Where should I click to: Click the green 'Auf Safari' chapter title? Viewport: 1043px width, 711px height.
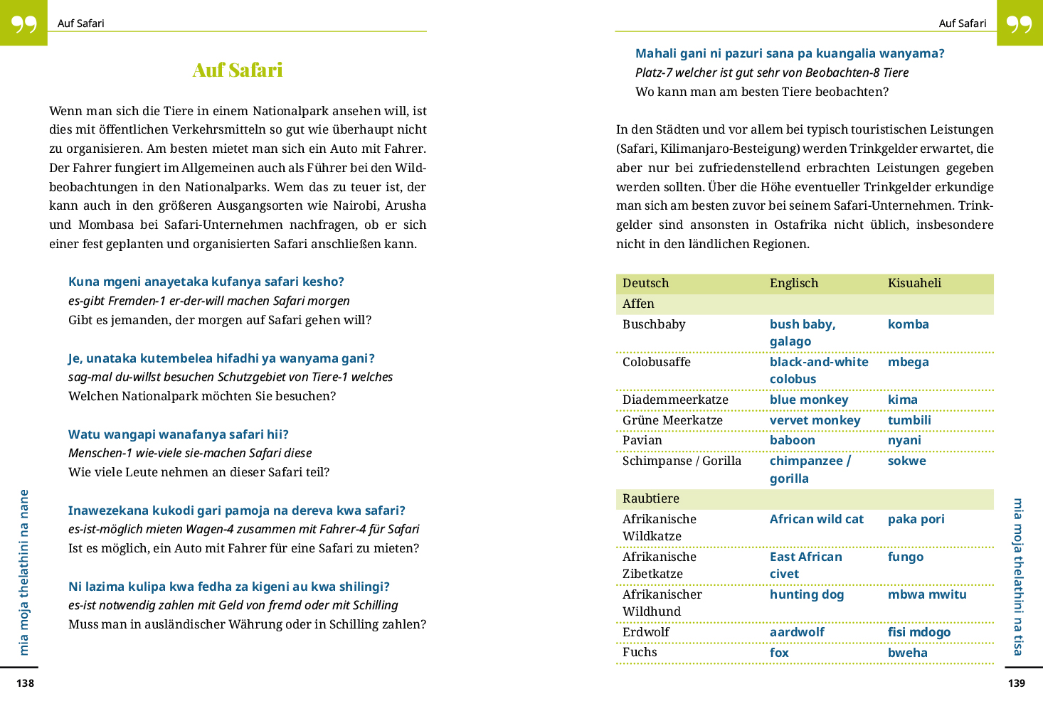click(x=238, y=70)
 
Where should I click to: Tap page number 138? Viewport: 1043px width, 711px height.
click(x=26, y=683)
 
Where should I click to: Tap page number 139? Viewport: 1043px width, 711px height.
click(x=1017, y=683)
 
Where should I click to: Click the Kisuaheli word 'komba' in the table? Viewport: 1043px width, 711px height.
click(x=908, y=324)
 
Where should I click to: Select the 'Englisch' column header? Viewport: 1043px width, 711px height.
click(x=793, y=283)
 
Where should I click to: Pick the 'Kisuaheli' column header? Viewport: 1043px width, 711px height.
click(x=914, y=283)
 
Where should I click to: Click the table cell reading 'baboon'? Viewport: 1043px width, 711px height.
click(x=792, y=440)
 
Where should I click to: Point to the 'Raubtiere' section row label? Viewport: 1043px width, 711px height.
click(x=650, y=498)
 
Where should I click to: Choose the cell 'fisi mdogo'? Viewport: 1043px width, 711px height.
click(x=918, y=632)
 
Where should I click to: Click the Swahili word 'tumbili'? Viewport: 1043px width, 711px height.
click(x=909, y=420)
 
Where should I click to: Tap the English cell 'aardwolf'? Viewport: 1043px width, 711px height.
click(x=797, y=632)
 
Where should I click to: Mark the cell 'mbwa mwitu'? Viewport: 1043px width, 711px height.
click(x=926, y=594)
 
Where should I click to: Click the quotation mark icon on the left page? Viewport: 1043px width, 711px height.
click(x=23, y=23)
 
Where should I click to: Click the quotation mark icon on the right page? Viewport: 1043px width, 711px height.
click(x=1019, y=23)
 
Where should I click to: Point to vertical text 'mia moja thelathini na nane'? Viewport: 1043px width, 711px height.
click(x=24, y=572)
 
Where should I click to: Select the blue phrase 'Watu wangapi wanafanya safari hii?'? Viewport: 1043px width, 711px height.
click(x=178, y=434)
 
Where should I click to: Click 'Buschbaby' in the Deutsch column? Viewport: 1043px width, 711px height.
click(x=653, y=324)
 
